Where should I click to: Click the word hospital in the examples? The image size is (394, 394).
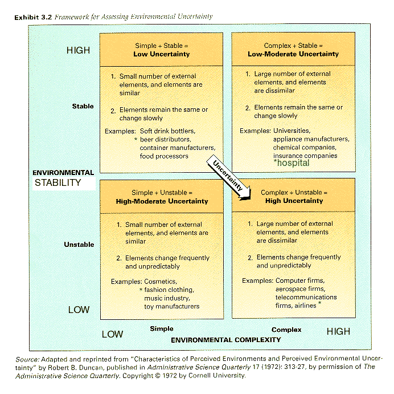(x=293, y=163)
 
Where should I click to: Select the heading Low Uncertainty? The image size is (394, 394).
(x=162, y=54)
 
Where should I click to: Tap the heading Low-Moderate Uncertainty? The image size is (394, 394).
(x=293, y=54)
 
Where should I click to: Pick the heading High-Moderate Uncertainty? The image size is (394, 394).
(x=162, y=201)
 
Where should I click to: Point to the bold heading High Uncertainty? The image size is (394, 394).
(x=294, y=201)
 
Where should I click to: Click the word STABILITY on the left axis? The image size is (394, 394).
(x=58, y=182)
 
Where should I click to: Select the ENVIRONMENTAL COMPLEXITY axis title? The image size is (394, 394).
(x=226, y=340)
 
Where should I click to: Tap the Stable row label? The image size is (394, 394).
(x=83, y=106)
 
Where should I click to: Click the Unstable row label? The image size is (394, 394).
(x=79, y=245)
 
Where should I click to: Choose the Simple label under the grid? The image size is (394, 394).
(x=162, y=329)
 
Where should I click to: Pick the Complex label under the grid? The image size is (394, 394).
(x=286, y=330)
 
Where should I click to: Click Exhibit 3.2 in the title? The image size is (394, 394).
(x=33, y=17)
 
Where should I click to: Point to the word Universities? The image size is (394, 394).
(x=292, y=131)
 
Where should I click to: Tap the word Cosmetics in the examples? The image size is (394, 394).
(x=161, y=282)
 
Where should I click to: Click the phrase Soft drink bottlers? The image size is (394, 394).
(x=167, y=131)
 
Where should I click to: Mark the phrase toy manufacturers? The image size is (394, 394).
(x=172, y=306)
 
